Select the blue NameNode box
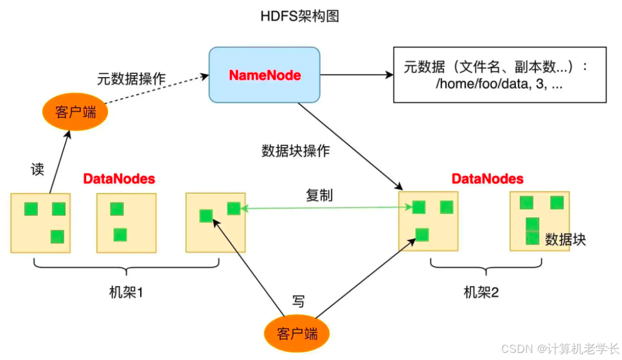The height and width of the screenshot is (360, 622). [x=265, y=75]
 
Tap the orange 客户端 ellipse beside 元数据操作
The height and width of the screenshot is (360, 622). [x=75, y=113]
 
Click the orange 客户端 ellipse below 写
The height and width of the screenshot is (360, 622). [x=298, y=334]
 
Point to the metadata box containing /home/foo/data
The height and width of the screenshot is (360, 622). [x=500, y=75]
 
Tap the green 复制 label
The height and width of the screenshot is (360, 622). [x=319, y=195]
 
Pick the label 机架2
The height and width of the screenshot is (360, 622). [x=482, y=292]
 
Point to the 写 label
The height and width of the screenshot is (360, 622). [x=298, y=301]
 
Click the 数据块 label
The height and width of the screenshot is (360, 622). [x=565, y=239]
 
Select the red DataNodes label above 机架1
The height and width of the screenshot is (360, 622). [x=120, y=179]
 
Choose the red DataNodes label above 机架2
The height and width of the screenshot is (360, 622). [x=488, y=179]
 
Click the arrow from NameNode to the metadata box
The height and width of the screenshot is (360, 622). [x=357, y=75]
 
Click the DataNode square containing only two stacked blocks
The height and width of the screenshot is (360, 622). [x=127, y=221]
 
